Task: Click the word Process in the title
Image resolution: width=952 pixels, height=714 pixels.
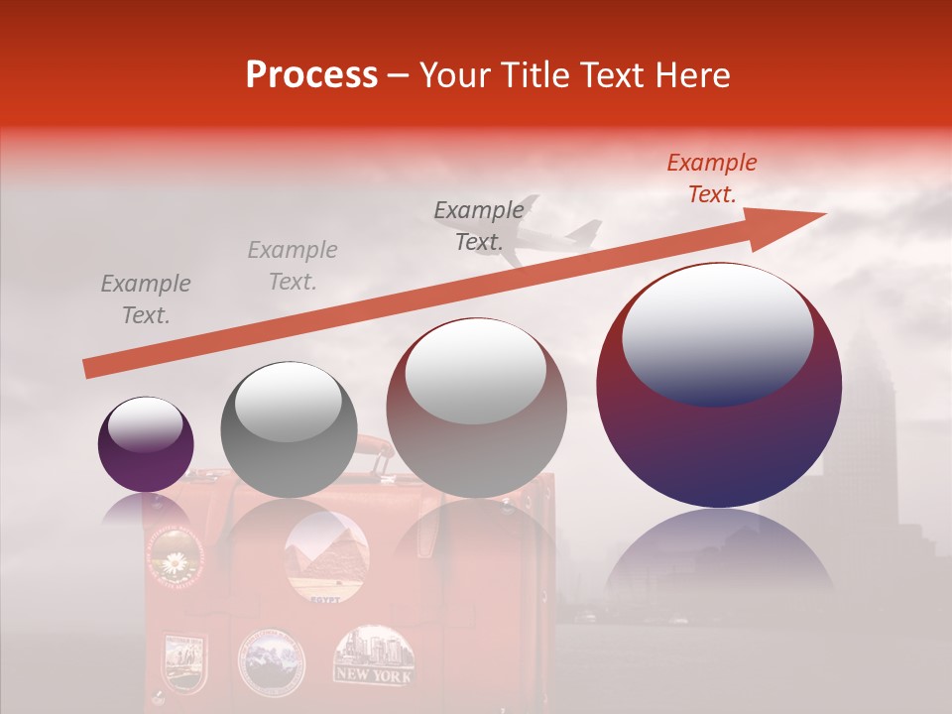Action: pos(311,75)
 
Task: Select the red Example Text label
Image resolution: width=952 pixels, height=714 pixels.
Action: pos(712,178)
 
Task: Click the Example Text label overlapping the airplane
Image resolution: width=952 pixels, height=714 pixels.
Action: pos(478,225)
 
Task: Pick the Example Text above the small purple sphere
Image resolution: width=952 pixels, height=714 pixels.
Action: pos(146,299)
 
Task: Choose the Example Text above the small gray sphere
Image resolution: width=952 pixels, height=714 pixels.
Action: pos(293,266)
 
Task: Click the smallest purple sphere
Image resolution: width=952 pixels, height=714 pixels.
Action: pos(146,444)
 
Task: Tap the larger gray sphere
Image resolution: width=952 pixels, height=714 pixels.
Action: pos(476,408)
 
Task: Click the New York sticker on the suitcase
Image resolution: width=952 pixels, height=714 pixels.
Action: pos(374,655)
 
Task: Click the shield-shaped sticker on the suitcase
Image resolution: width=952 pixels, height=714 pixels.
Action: pos(184,662)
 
